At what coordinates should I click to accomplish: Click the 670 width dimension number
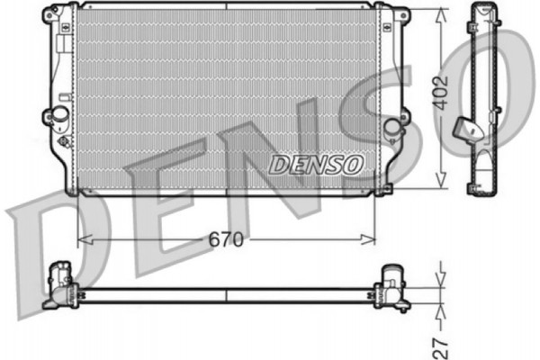coord(226,239)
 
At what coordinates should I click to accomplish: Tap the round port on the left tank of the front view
coord(60,114)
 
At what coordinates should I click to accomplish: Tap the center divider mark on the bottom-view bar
coord(226,294)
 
